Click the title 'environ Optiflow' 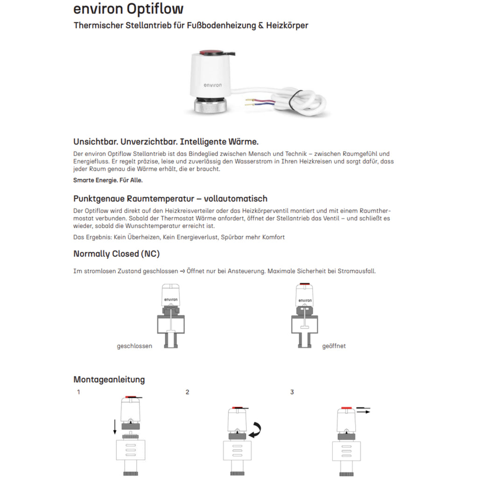(128, 9)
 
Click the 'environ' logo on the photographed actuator (213, 85)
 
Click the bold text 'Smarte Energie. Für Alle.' (108, 180)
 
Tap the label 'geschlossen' (134, 346)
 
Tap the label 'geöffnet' (334, 346)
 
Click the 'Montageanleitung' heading (109, 380)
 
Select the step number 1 (78, 392)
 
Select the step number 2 (187, 392)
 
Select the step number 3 (292, 392)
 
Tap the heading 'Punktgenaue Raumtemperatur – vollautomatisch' (170, 199)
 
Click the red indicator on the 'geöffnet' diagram (305, 284)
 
